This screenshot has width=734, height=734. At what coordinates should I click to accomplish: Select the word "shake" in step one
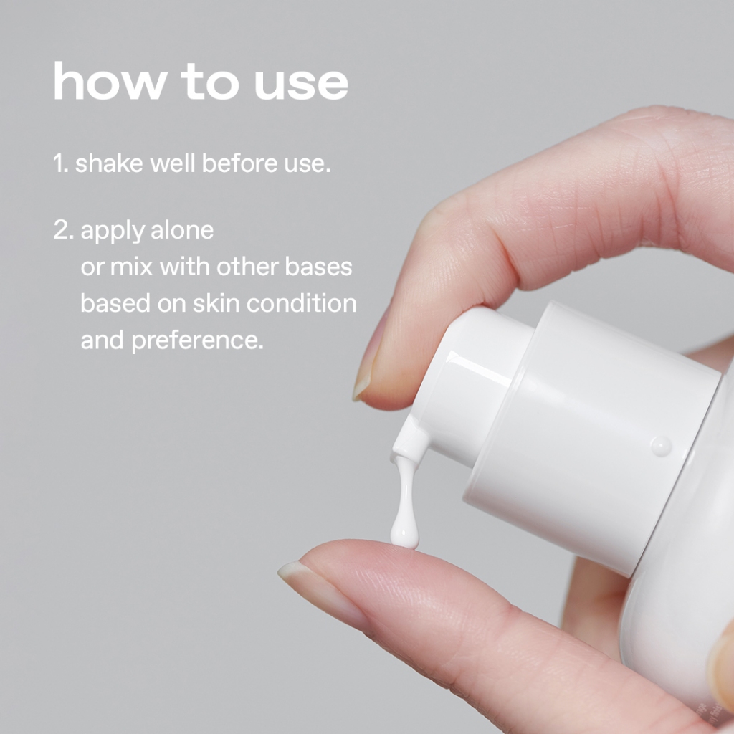tap(109, 163)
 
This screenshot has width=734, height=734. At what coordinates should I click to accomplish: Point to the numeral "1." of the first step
tap(61, 163)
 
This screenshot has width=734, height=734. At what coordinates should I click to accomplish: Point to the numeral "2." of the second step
tap(64, 230)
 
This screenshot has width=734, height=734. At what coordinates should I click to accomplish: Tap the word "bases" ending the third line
tap(318, 267)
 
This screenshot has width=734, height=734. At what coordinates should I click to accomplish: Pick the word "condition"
tap(302, 303)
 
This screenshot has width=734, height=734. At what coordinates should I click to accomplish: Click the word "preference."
tap(198, 341)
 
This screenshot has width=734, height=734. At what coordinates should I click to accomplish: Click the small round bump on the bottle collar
tap(661, 446)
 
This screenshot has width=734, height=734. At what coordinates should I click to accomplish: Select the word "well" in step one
tap(172, 163)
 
